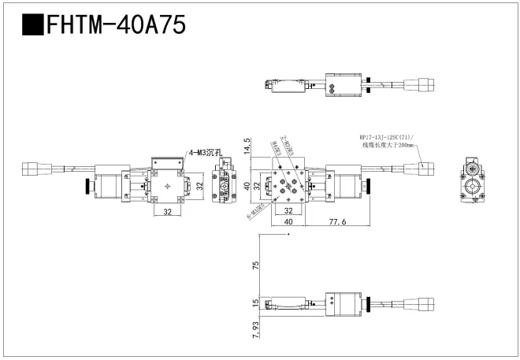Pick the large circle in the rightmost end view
click(x=473, y=188)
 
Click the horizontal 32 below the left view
click(x=167, y=212)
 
